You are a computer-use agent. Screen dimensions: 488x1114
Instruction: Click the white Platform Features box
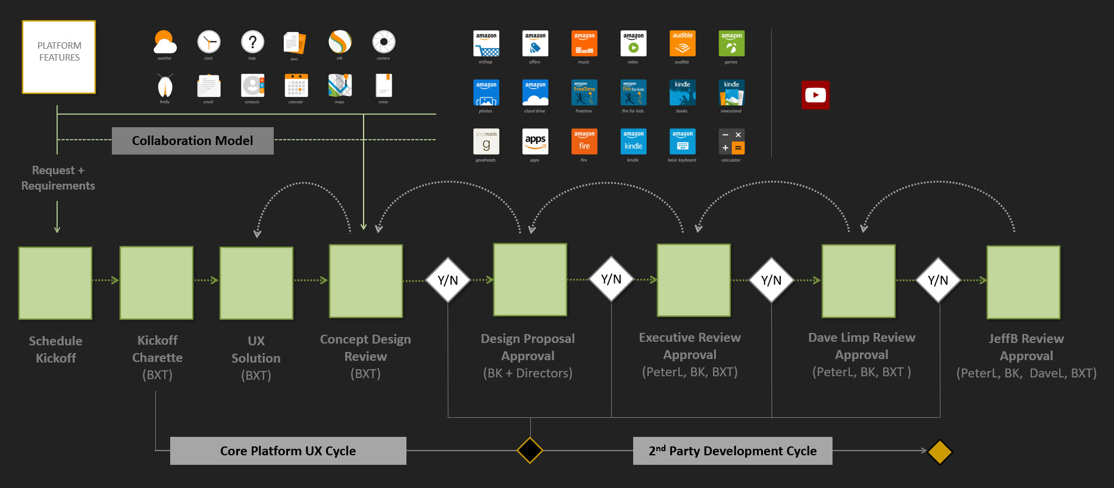click(59, 57)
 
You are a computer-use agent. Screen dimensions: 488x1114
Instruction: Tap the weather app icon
click(165, 42)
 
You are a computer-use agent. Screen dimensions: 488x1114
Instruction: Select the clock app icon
click(209, 42)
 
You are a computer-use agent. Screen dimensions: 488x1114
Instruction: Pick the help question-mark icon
click(252, 42)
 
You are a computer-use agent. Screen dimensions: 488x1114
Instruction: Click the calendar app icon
click(296, 86)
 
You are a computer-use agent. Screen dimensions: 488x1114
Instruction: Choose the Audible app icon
click(683, 43)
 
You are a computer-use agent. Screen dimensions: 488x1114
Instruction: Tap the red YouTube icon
click(815, 95)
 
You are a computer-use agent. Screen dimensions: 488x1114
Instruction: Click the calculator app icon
click(731, 141)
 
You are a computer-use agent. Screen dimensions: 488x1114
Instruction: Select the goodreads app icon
click(486, 141)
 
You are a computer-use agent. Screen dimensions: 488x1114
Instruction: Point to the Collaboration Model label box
click(192, 141)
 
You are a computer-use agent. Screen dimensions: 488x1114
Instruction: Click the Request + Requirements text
click(58, 178)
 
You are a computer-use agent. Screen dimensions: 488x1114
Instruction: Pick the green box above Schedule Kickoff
click(55, 283)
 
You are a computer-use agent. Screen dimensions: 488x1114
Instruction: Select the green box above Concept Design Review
click(366, 281)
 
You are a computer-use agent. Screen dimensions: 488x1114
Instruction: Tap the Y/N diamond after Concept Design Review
click(448, 280)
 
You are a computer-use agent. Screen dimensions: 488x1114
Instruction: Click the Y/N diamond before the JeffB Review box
click(938, 280)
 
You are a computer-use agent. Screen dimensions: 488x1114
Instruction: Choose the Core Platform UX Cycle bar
click(288, 451)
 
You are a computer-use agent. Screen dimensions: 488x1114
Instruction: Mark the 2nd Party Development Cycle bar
click(733, 451)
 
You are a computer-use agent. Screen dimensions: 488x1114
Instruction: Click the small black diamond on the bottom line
click(530, 450)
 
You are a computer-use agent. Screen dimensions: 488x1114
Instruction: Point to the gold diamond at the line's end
click(940, 452)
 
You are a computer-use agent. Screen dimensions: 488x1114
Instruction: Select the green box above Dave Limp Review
click(858, 281)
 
